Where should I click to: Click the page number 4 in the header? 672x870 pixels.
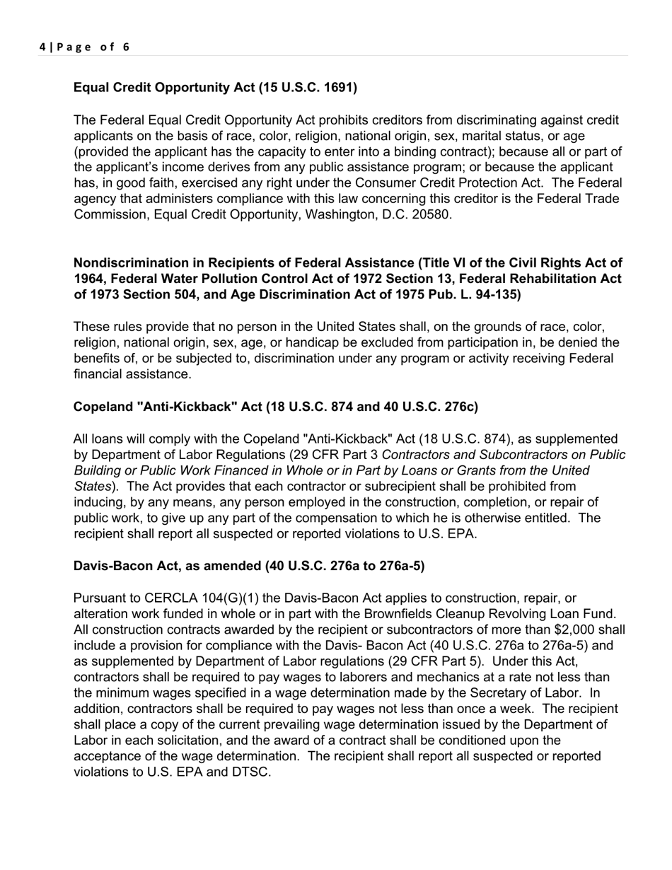(42, 47)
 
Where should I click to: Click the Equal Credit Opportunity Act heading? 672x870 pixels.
(215, 88)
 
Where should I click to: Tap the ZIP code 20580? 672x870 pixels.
(431, 214)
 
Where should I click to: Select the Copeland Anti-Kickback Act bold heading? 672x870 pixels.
(275, 407)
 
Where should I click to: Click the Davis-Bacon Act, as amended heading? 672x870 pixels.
(249, 566)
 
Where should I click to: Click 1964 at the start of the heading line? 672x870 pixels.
(88, 279)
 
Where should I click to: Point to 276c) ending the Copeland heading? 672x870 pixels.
(460, 407)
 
